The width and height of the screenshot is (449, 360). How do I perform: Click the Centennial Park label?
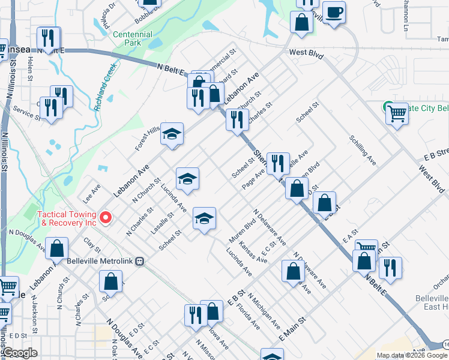pos(132,39)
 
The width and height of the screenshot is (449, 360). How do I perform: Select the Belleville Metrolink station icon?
pos(140,261)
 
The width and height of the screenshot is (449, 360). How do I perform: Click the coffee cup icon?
pos(334,12)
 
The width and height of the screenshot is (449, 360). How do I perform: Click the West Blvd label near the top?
pos(306,54)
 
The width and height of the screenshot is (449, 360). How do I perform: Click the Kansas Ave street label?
pos(252,253)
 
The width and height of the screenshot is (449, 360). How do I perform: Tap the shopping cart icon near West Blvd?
pos(397,112)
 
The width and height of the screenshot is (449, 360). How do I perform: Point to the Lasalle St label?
pos(163,223)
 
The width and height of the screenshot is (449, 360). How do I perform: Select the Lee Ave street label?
pos(92,192)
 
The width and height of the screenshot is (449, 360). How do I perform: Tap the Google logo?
pos(20,353)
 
